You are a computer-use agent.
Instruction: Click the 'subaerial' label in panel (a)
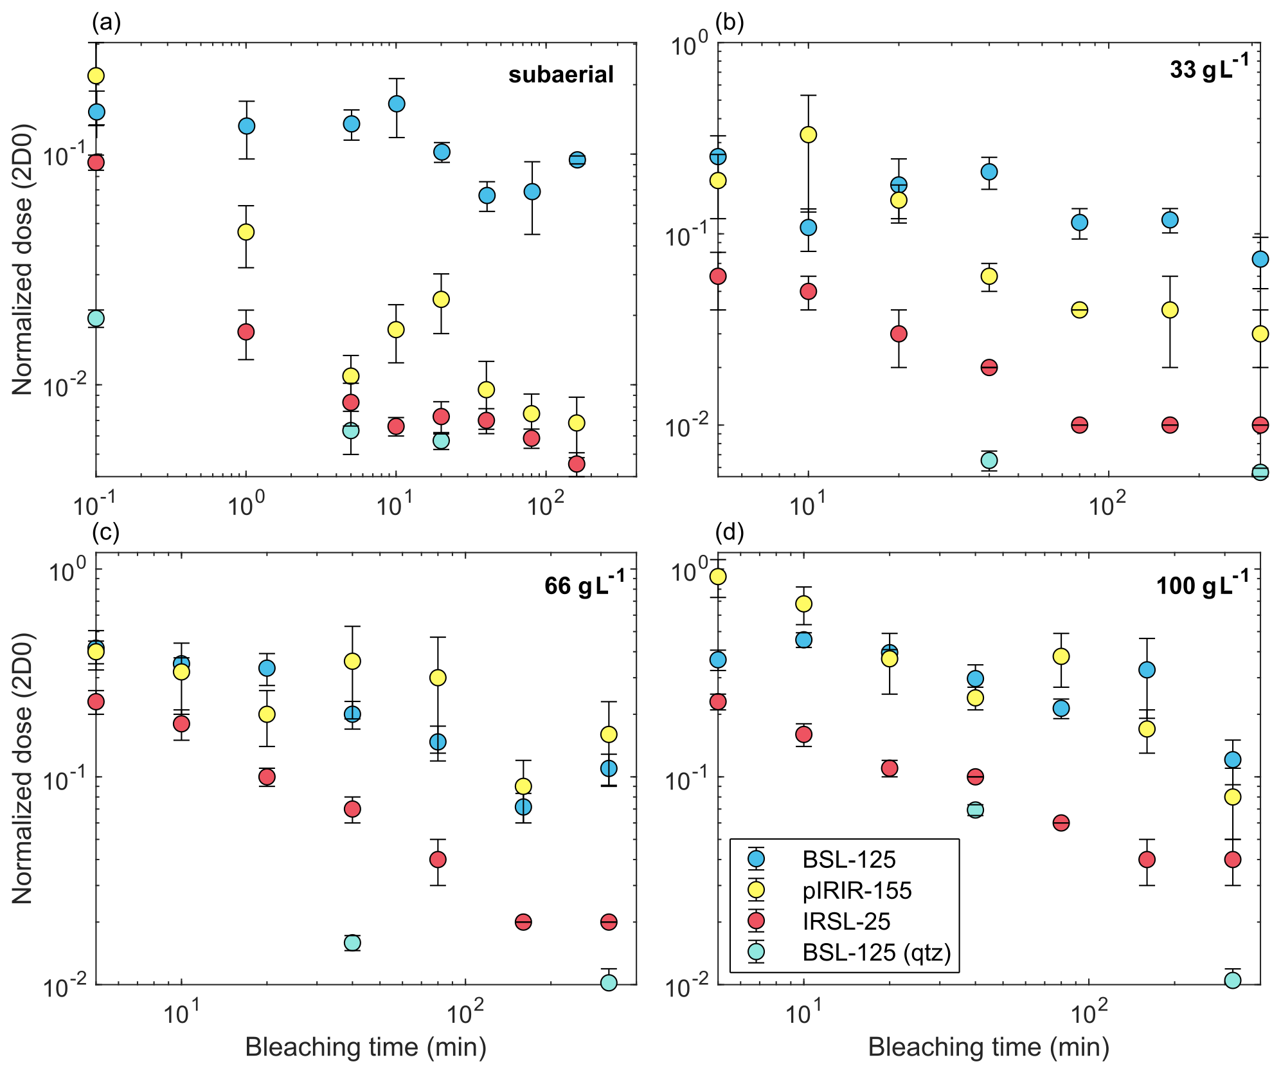[x=560, y=75]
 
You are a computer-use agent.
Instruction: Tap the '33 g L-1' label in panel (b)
[x=1208, y=68]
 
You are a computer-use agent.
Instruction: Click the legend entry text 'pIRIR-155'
[x=857, y=890]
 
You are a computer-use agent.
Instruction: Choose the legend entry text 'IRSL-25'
[x=846, y=921]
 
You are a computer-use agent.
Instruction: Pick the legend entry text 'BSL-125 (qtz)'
[x=877, y=952]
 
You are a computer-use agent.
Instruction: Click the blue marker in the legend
[x=757, y=859]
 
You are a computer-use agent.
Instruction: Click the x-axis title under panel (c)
[x=365, y=1047]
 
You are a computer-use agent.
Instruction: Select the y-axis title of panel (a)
[x=22, y=259]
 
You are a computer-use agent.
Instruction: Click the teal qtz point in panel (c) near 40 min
[x=352, y=943]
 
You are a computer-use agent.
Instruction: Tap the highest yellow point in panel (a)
[x=96, y=76]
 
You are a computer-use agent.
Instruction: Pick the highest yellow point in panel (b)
[x=808, y=134]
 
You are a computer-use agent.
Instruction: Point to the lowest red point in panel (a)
[x=577, y=464]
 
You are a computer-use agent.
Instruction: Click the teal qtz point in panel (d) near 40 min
[x=975, y=809]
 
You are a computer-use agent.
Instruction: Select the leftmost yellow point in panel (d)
[x=718, y=576]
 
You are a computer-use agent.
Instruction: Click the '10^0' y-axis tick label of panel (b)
[x=689, y=47]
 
